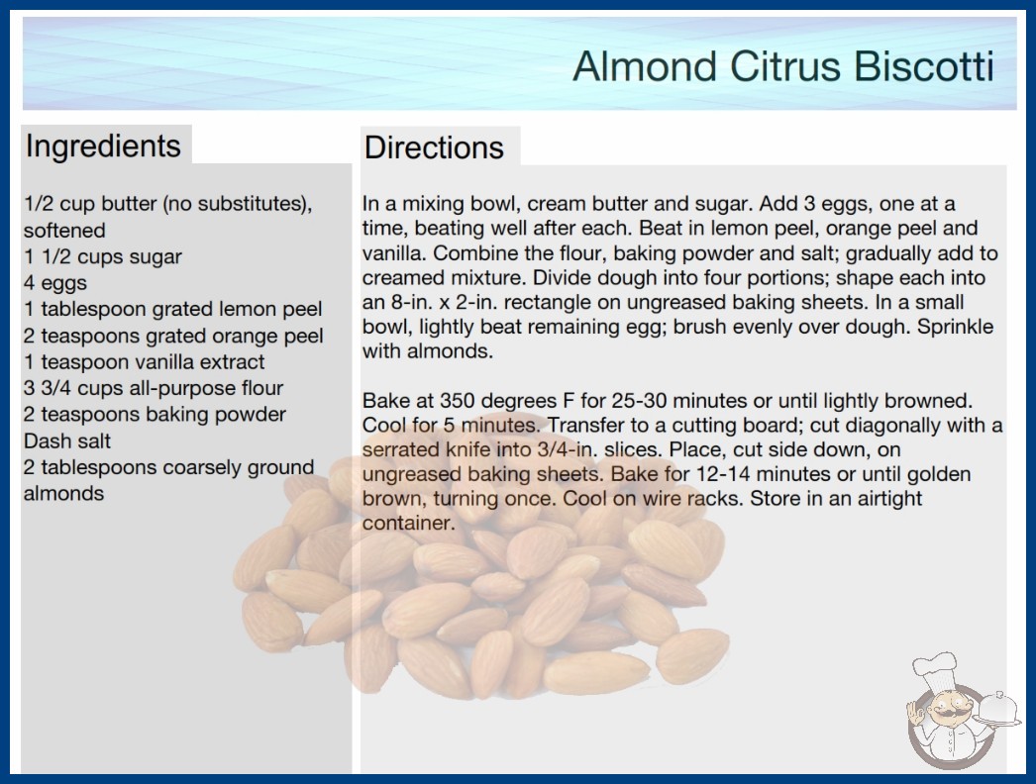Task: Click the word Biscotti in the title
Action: pos(924,66)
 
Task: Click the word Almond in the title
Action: pos(645,66)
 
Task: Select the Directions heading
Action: pos(434,147)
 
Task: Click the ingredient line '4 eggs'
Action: pos(55,283)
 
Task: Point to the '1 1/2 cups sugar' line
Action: pos(102,256)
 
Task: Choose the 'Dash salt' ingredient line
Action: pos(67,441)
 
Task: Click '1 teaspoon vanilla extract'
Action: pos(144,362)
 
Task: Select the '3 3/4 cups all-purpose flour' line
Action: pos(154,388)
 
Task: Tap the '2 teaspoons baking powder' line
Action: pos(155,415)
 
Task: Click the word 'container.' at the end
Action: pos(409,523)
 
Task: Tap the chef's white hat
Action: pos(935,670)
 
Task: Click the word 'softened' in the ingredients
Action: pos(64,230)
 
